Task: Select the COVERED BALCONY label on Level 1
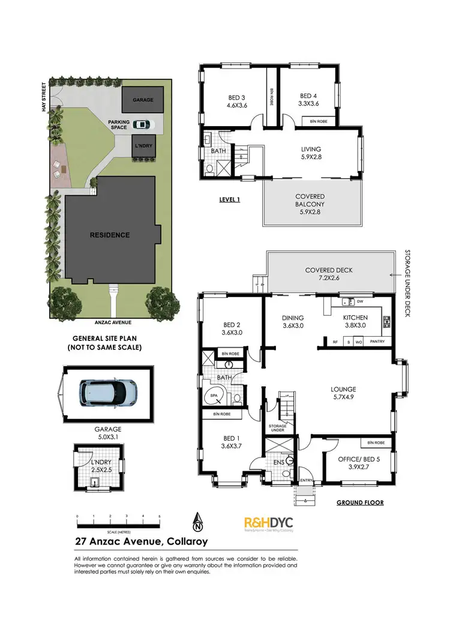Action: tap(310, 201)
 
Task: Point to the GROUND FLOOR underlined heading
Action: tap(360, 503)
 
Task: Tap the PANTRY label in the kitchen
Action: tap(377, 342)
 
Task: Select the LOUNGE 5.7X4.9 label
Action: tap(343, 393)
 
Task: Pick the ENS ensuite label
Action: tap(278, 462)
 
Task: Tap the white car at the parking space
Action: tap(141, 125)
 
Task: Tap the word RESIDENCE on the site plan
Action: tap(109, 235)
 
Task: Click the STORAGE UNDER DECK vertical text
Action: tap(406, 276)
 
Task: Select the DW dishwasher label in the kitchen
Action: tap(359, 301)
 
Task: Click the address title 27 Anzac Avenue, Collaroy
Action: tap(141, 542)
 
